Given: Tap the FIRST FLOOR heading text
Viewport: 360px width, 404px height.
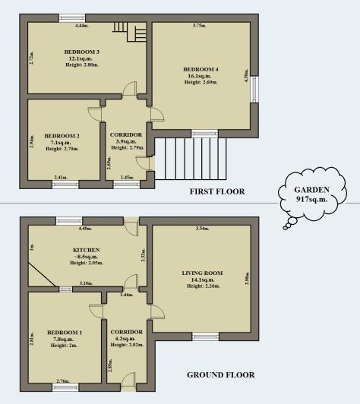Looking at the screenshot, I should pos(217,191).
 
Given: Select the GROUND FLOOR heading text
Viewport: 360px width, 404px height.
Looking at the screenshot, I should pos(220,374).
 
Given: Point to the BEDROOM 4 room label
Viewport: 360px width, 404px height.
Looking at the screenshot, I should pos(202,69).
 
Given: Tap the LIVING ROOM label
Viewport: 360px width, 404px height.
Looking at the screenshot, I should pos(201,272).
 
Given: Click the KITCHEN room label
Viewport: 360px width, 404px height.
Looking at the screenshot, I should pos(87,250).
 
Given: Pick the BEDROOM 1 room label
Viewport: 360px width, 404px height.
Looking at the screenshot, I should pos(65,332).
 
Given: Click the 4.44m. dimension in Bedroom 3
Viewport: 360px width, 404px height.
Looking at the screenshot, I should pos(81,26).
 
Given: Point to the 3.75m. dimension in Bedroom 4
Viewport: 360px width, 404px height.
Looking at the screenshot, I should pos(199,26).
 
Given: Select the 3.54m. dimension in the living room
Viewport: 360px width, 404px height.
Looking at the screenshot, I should pos(202,229).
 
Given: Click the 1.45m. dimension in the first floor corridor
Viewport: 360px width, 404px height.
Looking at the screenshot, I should pos(128,178).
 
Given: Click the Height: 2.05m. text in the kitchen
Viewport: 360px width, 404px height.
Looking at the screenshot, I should pos(87,265).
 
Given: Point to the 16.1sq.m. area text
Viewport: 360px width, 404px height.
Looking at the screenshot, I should pos(201,76).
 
